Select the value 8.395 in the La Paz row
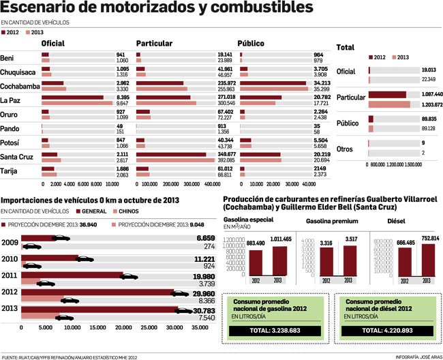pyautogui.click(x=123, y=97)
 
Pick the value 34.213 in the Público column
pyautogui.click(x=316, y=83)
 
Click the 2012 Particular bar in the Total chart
pyautogui.click(x=387, y=94)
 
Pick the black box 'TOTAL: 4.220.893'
pyautogui.click(x=388, y=331)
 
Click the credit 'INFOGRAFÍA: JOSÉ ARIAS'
pyautogui.click(x=417, y=356)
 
